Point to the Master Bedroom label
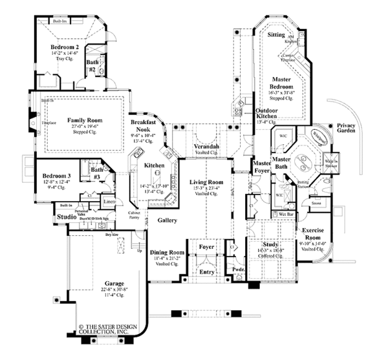click(282, 83)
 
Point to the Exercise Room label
click(316, 233)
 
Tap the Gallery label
click(166, 220)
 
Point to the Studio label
click(67, 217)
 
